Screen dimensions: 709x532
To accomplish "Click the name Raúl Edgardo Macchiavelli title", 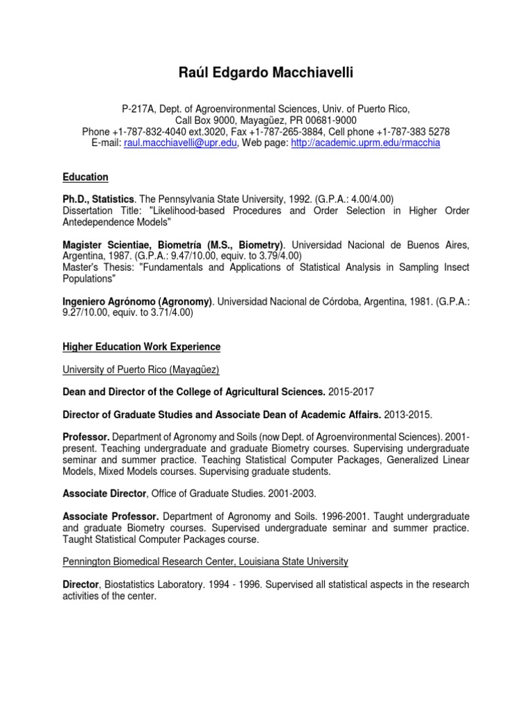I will pyautogui.click(x=266, y=73).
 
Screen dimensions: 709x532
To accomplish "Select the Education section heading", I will pyautogui.click(x=85, y=177).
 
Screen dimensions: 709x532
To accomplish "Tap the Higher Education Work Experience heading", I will pyautogui.click(x=141, y=346).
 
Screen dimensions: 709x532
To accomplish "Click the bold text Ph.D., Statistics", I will pyautogui.click(x=98, y=199).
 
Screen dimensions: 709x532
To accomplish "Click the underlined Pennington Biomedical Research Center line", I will pyautogui.click(x=205, y=561).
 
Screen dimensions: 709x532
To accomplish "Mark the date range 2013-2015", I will pyautogui.click(x=408, y=415).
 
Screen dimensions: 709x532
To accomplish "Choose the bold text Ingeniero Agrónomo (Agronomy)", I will pyautogui.click(x=136, y=301).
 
